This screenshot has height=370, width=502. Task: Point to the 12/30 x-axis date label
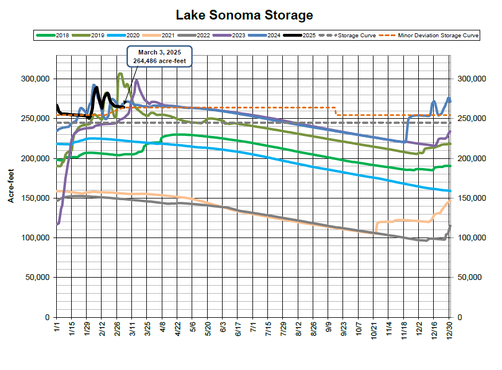[450, 330]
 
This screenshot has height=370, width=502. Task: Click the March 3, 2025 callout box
[158, 57]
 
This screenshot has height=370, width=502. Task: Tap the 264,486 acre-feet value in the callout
[158, 61]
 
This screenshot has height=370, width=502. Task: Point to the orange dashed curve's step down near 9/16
[336, 111]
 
